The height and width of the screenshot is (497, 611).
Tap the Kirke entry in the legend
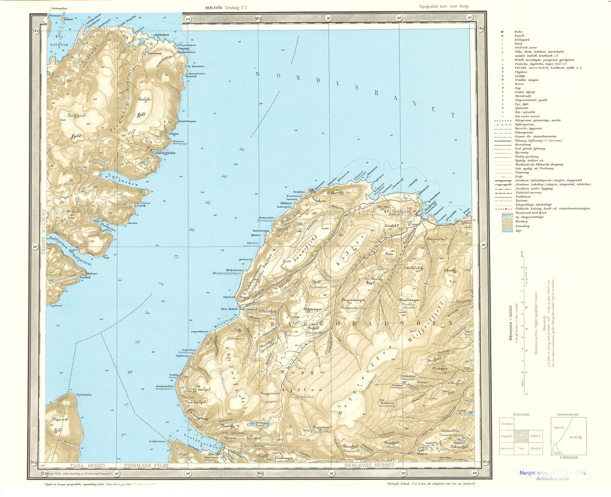[x=518, y=32]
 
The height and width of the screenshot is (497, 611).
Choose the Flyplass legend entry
[x=520, y=72]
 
